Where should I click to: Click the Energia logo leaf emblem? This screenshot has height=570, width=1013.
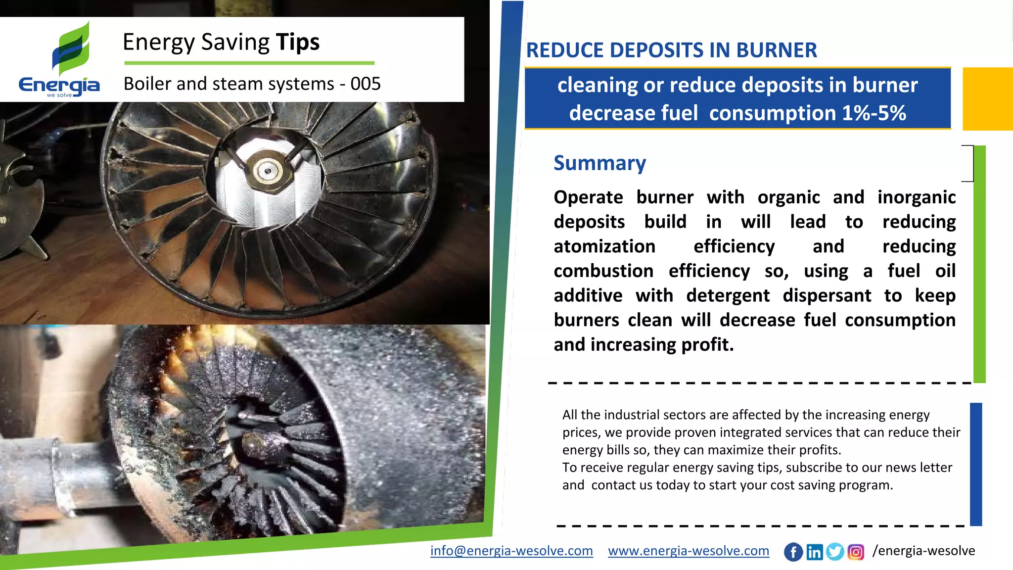[71, 49]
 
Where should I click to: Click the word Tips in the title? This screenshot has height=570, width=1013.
[298, 42]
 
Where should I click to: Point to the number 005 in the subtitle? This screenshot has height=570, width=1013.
[366, 84]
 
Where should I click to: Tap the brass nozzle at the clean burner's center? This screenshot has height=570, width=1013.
[268, 171]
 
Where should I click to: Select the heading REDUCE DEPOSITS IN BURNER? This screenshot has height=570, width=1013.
[671, 50]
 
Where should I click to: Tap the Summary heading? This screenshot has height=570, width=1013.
[599, 163]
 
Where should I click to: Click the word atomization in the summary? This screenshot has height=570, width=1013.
[604, 246]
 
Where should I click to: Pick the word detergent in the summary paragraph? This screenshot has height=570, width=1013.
[728, 295]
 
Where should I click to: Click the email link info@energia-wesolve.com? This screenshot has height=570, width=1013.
[511, 551]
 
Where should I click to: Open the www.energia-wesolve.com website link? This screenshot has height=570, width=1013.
[689, 551]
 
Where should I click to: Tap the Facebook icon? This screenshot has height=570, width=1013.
[793, 552]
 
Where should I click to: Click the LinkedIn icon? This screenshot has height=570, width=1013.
[814, 552]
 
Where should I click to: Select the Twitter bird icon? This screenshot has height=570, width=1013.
[835, 552]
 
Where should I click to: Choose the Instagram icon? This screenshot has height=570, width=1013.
[856, 552]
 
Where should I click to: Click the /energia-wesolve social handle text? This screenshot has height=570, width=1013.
[923, 551]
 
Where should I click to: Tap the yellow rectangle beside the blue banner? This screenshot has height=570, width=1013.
[987, 99]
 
